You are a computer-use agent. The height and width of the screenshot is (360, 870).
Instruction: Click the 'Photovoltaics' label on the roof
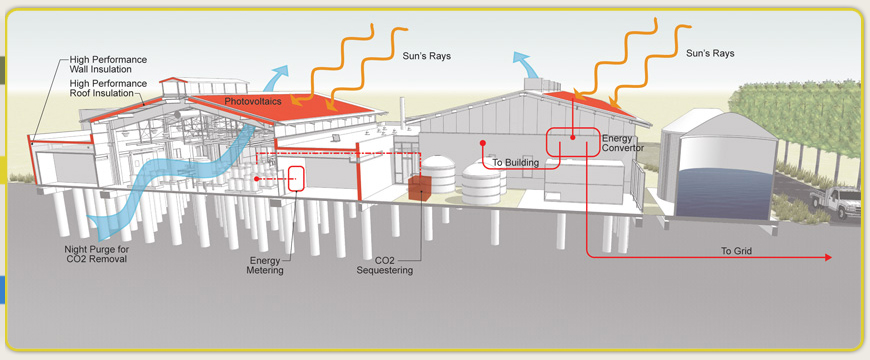[x=252, y=102]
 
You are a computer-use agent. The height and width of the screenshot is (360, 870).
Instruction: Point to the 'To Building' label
[x=515, y=162]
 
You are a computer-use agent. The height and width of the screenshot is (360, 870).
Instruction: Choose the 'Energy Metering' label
[x=266, y=264]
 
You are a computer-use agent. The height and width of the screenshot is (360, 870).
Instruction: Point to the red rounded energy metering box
[x=297, y=178]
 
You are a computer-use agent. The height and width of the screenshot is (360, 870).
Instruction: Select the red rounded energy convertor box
[x=572, y=143]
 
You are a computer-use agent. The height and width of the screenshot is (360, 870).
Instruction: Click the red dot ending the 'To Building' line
[x=484, y=141]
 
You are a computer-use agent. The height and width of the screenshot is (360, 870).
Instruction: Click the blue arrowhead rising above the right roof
[x=520, y=58]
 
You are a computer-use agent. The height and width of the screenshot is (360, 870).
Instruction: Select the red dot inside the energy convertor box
[x=572, y=138]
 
